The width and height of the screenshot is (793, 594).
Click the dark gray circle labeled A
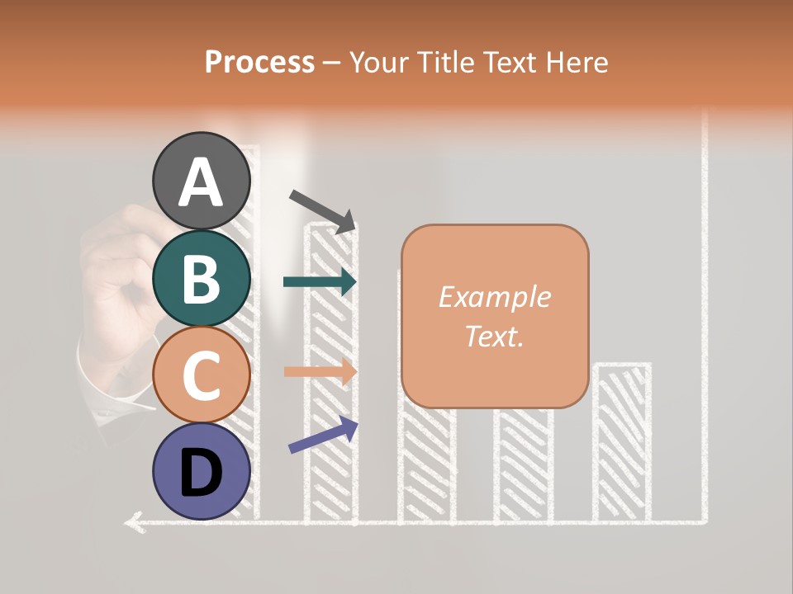[x=202, y=181]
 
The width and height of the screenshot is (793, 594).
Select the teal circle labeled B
[x=202, y=279]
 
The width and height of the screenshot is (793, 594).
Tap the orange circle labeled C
[x=202, y=375]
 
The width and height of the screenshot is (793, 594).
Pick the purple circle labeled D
[x=202, y=472]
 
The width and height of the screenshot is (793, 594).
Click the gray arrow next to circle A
[x=322, y=210]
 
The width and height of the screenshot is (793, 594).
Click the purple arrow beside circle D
[x=323, y=436]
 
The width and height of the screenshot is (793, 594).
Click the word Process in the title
[x=259, y=62]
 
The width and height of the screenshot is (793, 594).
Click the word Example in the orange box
[x=495, y=297]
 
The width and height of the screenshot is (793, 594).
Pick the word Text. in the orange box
[x=495, y=336]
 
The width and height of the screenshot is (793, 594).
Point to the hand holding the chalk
[x=120, y=280]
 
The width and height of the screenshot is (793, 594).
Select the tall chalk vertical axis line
[x=705, y=330]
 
